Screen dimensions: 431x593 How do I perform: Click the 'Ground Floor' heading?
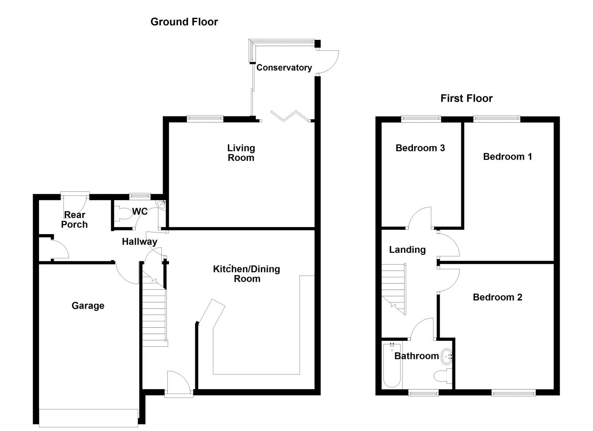(184, 22)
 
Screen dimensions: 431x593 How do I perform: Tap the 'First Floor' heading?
(466, 98)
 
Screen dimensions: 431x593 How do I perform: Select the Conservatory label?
(284, 67)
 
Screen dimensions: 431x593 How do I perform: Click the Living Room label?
(241, 153)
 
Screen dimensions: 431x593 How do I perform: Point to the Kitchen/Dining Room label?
(247, 274)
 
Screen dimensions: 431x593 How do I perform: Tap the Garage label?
(88, 305)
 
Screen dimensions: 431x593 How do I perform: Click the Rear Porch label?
(75, 220)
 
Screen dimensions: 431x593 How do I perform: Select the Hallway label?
(139, 242)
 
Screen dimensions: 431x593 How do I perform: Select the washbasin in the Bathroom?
(446, 356)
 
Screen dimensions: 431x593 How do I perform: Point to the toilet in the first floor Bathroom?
(443, 376)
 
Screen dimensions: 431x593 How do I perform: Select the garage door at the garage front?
(89, 417)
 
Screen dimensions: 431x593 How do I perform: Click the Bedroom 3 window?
(421, 119)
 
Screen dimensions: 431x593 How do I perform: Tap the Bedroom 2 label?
(497, 297)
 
